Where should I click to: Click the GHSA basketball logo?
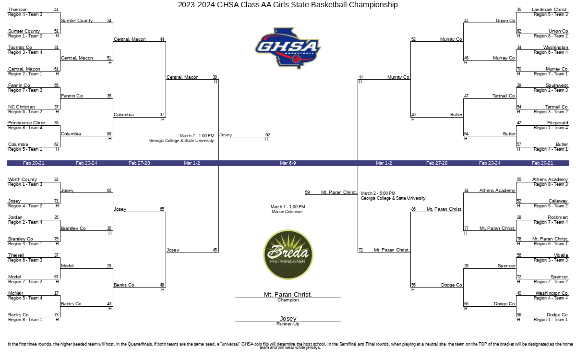tap(288, 48)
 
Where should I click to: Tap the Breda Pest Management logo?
tap(288, 254)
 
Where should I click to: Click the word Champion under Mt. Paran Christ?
tap(288, 300)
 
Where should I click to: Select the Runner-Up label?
tap(288, 324)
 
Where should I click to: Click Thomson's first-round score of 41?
tap(56, 10)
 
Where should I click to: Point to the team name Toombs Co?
tap(20, 48)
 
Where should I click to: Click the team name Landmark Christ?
tap(550, 10)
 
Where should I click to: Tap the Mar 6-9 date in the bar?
tap(288, 163)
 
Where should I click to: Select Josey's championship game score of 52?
tap(268, 135)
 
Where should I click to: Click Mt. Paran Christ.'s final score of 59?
tap(307, 192)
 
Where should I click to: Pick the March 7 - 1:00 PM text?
tap(288, 207)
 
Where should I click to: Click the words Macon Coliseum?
tap(287, 212)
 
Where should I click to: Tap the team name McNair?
tap(16, 293)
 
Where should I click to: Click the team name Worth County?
tap(23, 180)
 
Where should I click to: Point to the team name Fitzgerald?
tap(557, 123)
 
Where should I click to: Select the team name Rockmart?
tap(558, 217)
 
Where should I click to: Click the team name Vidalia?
tap(561, 255)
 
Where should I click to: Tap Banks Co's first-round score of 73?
tap(56, 315)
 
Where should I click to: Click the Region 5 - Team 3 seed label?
tap(551, 14)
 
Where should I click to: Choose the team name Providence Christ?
tap(27, 123)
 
